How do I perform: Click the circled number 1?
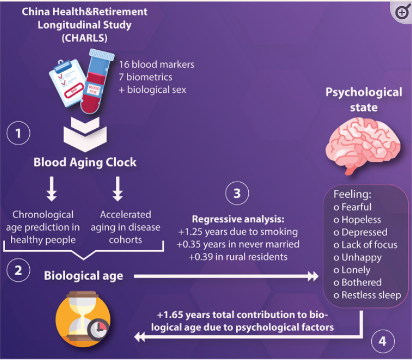[18, 133]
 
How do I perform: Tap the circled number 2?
[18, 270]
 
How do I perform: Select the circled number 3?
[237, 193]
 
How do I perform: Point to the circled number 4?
[383, 341]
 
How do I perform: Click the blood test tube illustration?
[97, 81]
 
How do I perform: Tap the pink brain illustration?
[363, 145]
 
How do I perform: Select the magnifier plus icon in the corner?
[402, 12]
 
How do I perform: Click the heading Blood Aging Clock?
[85, 162]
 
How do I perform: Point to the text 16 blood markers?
[157, 65]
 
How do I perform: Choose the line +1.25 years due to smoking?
[238, 232]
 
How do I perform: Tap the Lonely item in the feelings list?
[352, 270]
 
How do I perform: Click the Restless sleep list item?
[367, 295]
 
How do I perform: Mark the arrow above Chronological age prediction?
[52, 189]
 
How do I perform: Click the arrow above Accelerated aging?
[117, 189]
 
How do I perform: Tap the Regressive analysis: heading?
[238, 219]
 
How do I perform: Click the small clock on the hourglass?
[99, 329]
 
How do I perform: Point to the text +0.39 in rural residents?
[238, 257]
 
